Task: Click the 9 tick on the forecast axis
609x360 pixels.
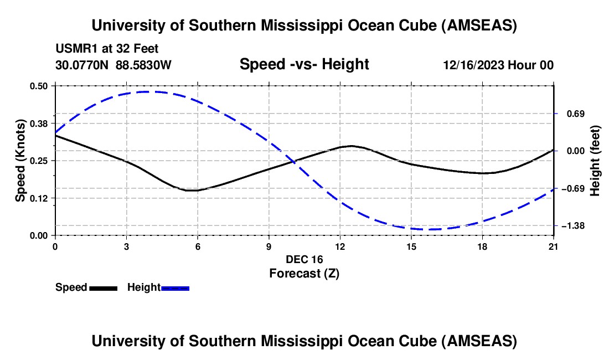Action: [269, 246]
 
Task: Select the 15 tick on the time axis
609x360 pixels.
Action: [411, 246]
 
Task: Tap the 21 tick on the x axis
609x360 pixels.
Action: [554, 246]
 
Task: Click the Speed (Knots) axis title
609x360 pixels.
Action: [20, 160]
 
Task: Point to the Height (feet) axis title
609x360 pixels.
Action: [595, 160]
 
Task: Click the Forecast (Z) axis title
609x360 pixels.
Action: [303, 273]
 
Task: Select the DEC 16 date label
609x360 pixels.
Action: [304, 259]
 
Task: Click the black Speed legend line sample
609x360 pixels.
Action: [103, 288]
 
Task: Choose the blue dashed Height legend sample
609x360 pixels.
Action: [176, 288]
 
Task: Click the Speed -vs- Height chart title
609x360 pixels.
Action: [304, 64]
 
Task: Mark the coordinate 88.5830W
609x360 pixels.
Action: [143, 65]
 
